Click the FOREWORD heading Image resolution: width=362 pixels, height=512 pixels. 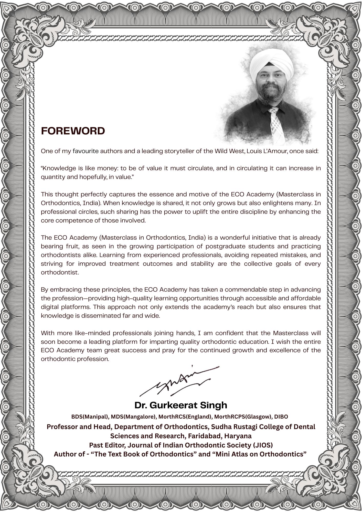(73, 131)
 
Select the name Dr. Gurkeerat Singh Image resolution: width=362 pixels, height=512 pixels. (181, 405)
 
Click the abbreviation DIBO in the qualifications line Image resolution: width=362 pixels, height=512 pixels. (281, 417)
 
